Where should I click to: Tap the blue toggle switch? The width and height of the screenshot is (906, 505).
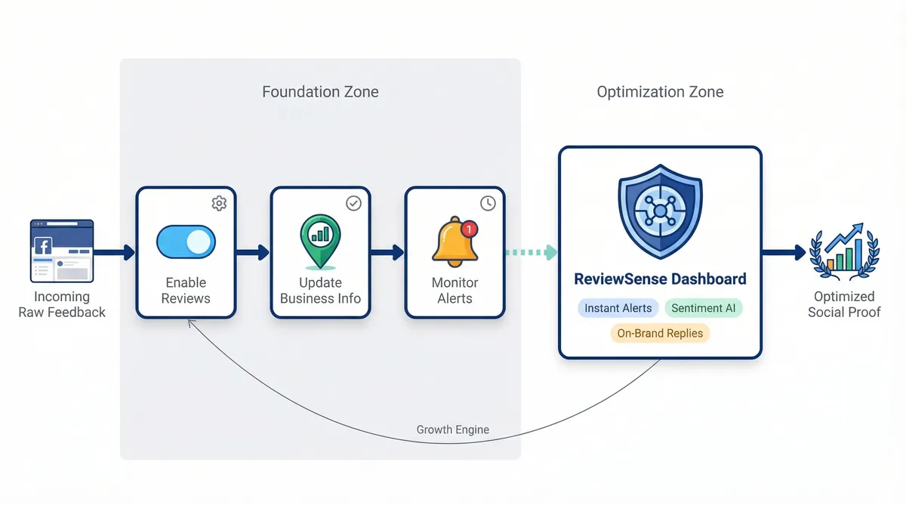click(186, 242)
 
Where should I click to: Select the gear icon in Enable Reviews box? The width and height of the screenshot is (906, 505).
click(219, 203)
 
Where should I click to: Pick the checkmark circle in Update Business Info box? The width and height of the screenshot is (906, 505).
click(353, 203)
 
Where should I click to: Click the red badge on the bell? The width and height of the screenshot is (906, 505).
click(469, 228)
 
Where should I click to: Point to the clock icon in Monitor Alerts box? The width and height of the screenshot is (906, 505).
click(488, 203)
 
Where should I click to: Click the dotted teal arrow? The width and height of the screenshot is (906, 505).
click(532, 252)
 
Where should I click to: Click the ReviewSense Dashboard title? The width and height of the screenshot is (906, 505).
click(660, 279)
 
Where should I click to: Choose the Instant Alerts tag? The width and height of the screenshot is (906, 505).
click(618, 308)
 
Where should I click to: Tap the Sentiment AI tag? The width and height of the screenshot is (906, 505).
click(704, 308)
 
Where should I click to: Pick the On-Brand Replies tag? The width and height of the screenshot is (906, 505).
click(660, 333)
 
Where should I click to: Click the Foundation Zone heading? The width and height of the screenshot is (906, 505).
click(320, 92)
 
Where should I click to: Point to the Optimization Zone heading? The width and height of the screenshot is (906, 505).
click(660, 92)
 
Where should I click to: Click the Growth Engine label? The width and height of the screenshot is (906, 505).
click(453, 430)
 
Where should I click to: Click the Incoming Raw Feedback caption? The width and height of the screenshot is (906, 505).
click(62, 304)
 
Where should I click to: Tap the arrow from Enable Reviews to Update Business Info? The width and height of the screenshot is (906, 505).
click(253, 252)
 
